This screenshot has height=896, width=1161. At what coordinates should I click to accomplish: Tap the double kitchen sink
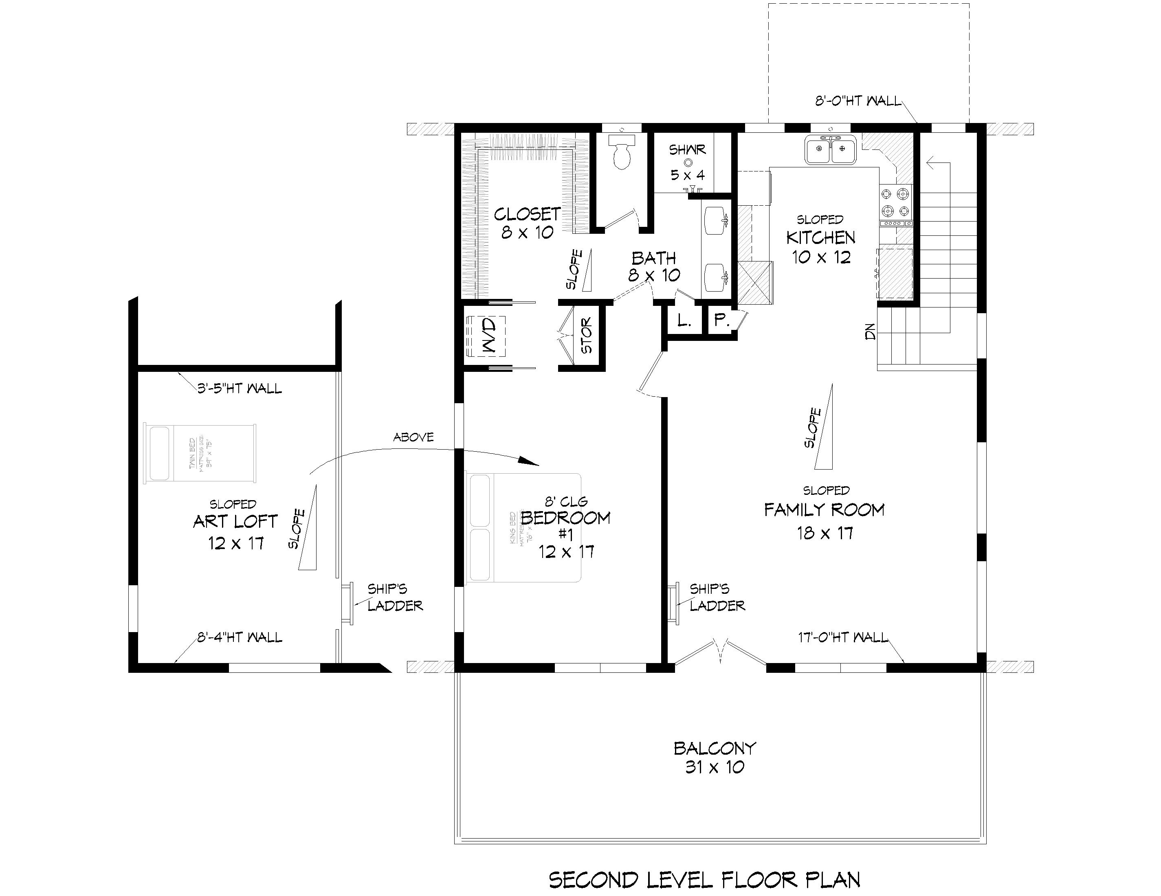click(830, 150)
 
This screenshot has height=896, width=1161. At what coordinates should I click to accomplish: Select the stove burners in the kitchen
click(896, 202)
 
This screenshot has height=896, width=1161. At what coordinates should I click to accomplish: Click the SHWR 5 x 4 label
click(687, 162)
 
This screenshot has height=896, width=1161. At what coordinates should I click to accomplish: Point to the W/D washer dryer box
click(486, 336)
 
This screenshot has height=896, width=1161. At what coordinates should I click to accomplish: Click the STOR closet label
click(586, 336)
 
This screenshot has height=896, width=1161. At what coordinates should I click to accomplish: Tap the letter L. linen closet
click(684, 321)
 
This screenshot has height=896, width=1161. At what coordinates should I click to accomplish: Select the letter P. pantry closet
click(721, 320)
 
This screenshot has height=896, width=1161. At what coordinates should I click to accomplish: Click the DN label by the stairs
click(870, 333)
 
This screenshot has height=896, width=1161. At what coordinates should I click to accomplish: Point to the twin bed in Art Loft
click(199, 453)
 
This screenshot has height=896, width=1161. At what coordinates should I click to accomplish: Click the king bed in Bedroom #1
click(523, 527)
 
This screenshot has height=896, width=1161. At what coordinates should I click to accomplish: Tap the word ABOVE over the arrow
click(413, 437)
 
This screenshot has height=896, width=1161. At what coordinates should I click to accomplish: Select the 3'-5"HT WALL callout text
click(239, 389)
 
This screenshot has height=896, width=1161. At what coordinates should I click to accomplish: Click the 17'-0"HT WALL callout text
click(842, 637)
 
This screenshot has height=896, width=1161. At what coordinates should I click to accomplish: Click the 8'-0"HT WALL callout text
click(858, 101)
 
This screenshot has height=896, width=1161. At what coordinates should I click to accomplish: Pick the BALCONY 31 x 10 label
click(715, 757)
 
